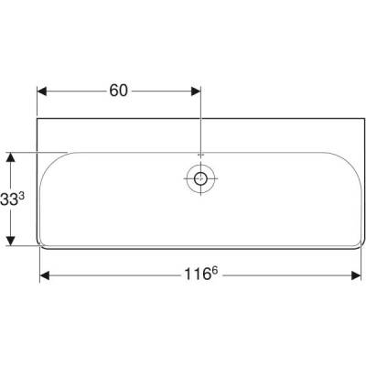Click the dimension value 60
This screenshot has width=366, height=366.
tap(119, 90)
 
